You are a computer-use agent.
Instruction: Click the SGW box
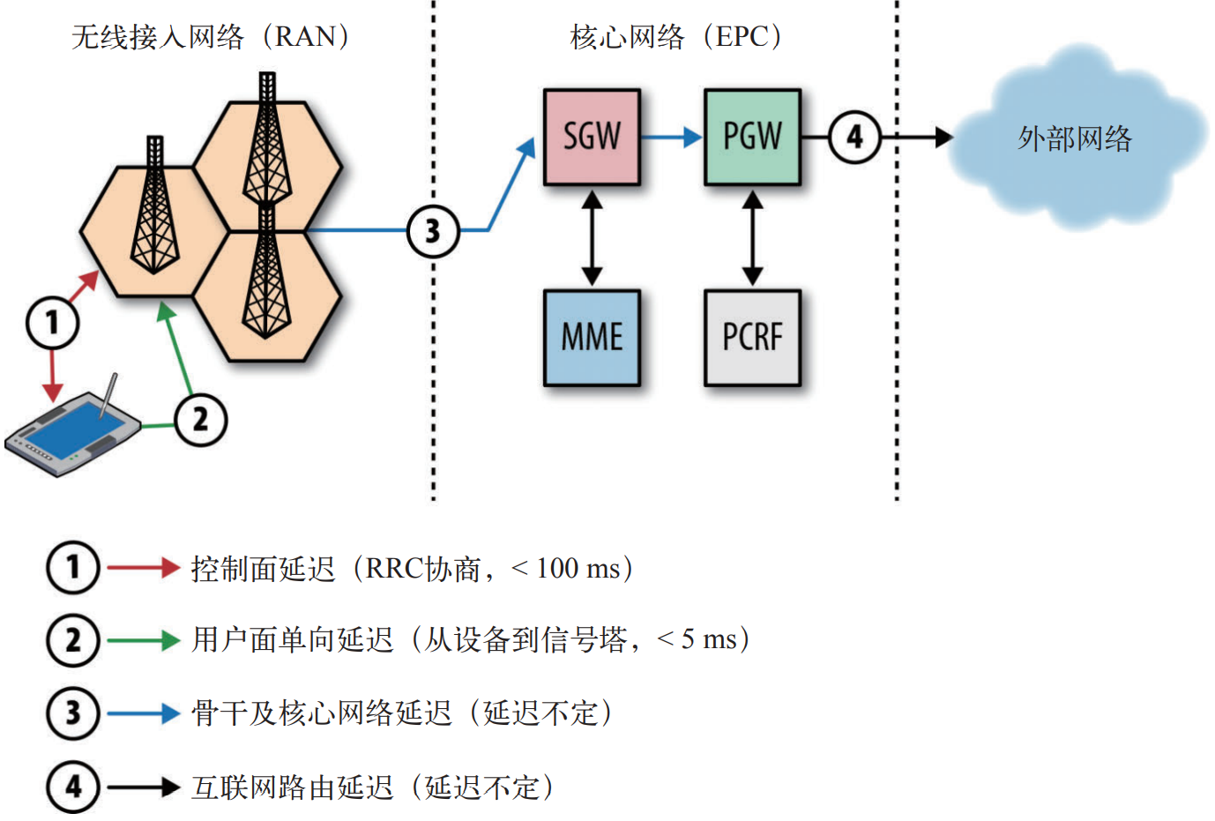(x=592, y=137)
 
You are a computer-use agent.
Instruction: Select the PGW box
(x=752, y=137)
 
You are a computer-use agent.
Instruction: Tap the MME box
(x=592, y=337)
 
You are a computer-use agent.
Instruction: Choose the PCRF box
(x=752, y=337)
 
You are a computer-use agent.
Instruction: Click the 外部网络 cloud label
(x=1074, y=138)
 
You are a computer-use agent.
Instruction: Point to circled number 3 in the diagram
(x=433, y=231)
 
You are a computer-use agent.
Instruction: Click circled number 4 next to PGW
(x=854, y=137)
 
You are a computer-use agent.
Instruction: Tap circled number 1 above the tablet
(x=52, y=322)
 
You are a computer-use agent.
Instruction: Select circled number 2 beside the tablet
(x=200, y=420)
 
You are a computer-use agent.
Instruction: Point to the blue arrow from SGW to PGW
(x=671, y=137)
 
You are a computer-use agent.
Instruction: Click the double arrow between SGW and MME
(x=592, y=237)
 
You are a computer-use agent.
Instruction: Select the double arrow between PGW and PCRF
(x=752, y=237)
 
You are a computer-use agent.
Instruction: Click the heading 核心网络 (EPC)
(x=675, y=36)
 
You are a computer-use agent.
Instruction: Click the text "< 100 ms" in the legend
(x=565, y=568)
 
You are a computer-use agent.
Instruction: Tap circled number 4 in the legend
(x=73, y=787)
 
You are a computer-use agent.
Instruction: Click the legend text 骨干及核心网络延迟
(x=321, y=713)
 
